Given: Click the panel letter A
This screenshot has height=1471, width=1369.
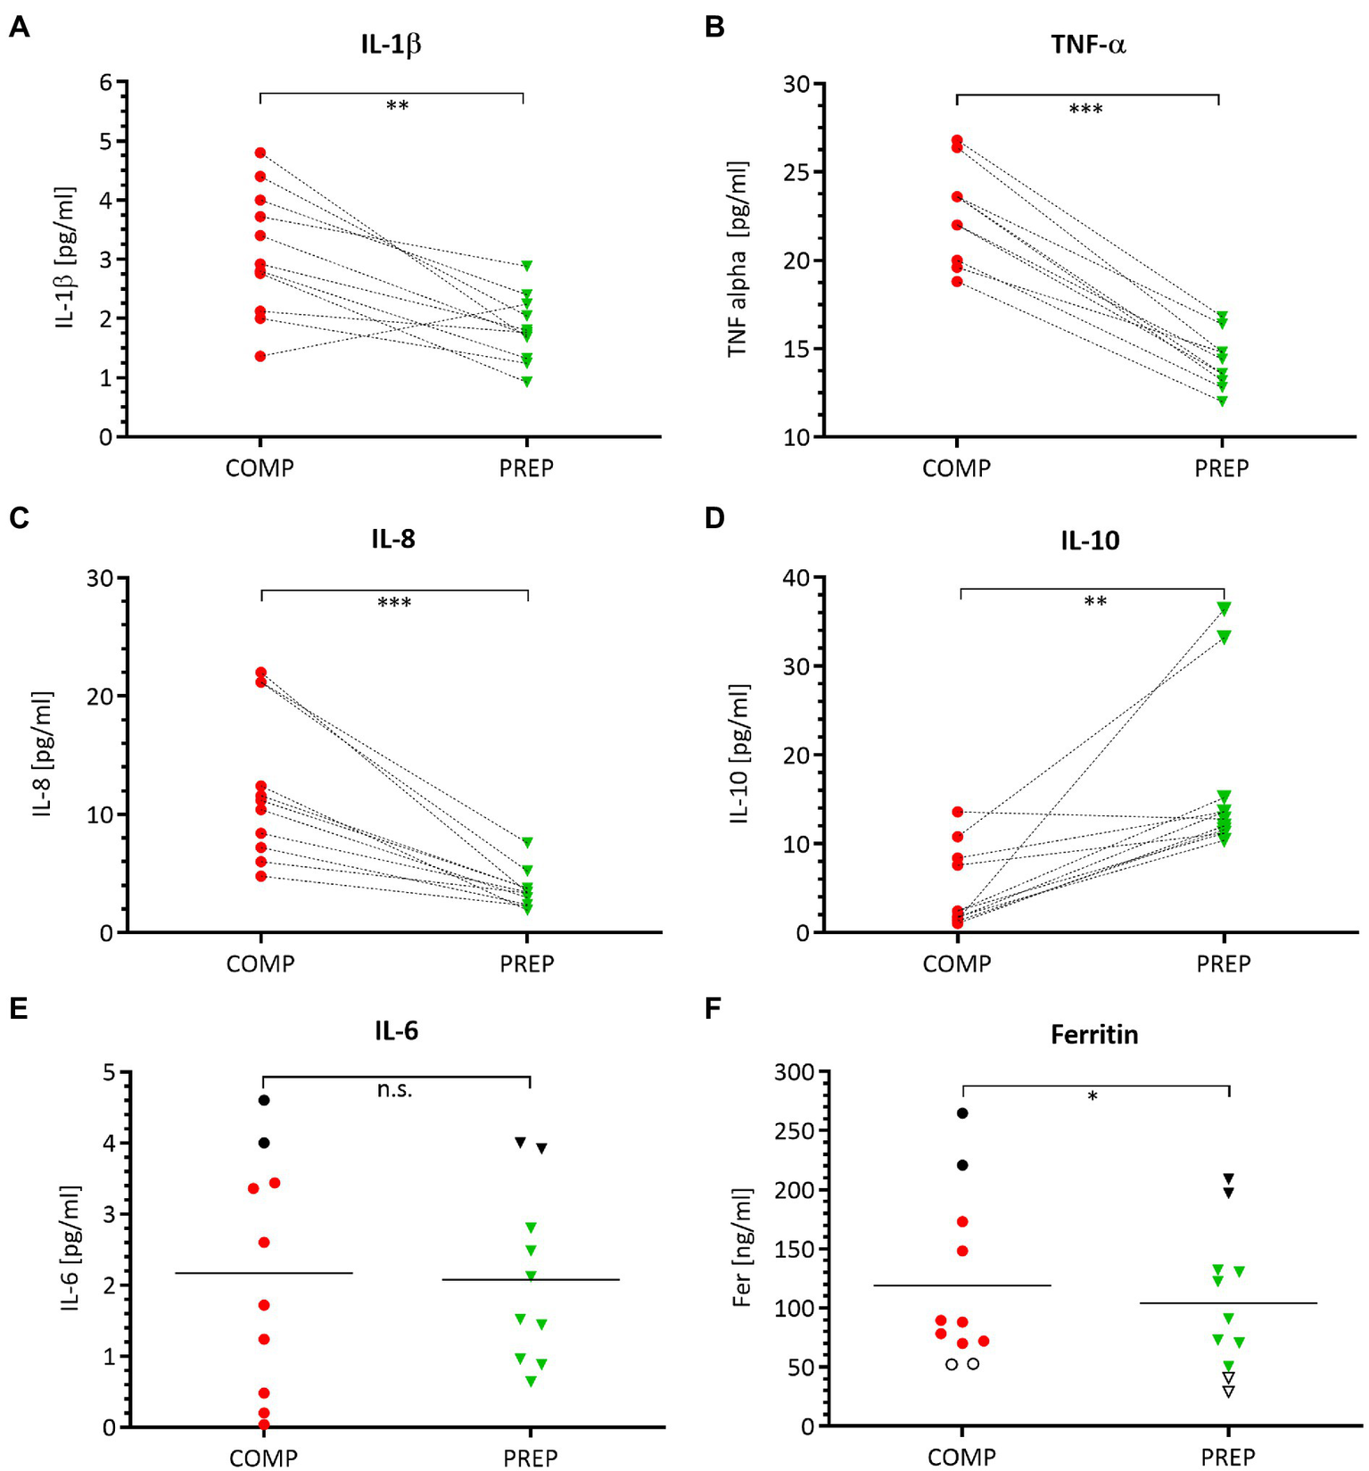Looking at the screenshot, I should pos(19,27).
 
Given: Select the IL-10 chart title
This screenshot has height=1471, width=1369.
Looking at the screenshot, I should pos(1090,541).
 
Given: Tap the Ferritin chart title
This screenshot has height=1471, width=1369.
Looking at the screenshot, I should pos(1094,1035).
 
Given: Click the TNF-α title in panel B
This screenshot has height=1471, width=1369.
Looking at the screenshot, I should pos(1088,45).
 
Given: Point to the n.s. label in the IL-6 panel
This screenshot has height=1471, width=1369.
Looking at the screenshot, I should pos(394,1089).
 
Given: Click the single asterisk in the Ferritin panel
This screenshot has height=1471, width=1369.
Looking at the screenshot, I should pos(1093,1096).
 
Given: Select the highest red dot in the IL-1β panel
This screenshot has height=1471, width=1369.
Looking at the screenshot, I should pos(260,153).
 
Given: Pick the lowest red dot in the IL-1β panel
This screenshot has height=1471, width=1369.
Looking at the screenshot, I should pos(260,356).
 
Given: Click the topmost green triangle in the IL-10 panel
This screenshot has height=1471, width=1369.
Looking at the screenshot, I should pos(1225,608).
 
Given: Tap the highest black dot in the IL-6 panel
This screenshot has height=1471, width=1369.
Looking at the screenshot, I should pos(264,1100).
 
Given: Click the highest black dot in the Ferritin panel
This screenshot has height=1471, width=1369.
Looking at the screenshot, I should pos(962,1113).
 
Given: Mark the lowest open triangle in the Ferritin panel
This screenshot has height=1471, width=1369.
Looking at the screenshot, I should pos(1229,1392).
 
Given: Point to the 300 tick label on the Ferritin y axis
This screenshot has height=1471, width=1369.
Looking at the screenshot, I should pos(794,1071).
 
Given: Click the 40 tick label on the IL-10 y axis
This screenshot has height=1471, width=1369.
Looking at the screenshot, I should pos(796,578).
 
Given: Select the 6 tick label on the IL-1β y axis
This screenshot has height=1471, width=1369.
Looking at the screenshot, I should pos(106,83).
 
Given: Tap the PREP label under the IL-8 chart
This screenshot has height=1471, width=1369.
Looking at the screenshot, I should pos(527,963).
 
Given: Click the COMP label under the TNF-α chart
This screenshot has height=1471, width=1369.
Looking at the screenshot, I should pos(956,468).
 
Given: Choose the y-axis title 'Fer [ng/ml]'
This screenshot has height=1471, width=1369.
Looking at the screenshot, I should pos(741,1248).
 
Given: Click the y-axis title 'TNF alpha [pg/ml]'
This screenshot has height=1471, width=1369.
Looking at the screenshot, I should pos(737,260).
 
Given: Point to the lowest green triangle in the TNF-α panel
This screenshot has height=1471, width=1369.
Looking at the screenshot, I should pos(1222,401).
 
